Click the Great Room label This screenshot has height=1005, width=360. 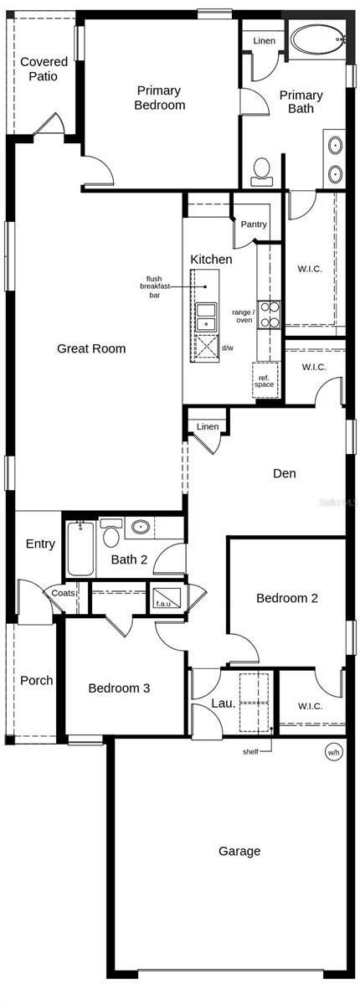91,348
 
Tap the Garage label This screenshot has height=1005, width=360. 239,851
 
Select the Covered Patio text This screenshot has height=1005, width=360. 44,69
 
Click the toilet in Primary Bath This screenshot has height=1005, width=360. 261,170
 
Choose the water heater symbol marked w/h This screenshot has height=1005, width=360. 334,752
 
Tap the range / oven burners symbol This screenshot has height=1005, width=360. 269,314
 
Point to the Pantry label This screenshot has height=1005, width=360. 254,224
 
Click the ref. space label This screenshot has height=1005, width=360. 264,381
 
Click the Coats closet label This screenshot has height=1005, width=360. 64,593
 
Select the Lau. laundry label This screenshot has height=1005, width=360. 223,703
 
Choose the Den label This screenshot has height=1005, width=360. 285,473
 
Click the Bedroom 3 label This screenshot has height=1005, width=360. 120,688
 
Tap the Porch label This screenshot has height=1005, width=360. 36,680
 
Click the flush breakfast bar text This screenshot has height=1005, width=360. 154,286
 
